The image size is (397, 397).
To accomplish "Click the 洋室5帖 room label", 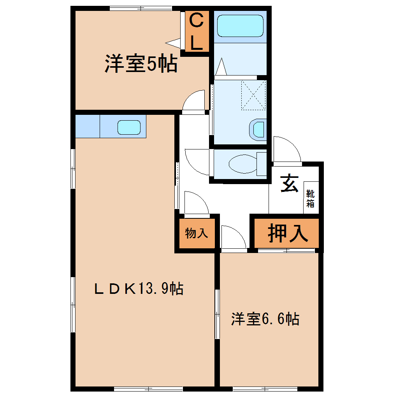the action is tap(141, 63).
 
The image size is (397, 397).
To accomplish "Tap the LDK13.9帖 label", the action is tap(139, 288).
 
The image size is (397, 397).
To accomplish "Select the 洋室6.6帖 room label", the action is tap(265, 319).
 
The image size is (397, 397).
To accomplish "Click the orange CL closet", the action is tap(197, 32).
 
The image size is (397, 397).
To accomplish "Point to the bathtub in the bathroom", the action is tap(240, 26).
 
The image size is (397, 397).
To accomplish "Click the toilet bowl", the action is tap(243, 164).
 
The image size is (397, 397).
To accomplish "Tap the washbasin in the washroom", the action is tap(258, 130).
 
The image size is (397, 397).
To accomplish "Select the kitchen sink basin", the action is tap(129, 127).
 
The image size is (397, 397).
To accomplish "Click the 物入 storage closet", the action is tap(197, 233).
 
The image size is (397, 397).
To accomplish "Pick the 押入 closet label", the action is tap(288, 233).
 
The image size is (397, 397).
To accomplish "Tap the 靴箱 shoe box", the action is tap(311, 198).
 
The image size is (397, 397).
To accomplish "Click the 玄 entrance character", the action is tap(289, 183).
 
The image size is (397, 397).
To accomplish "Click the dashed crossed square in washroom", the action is tap(253, 95).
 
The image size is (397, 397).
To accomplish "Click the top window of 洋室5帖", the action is tap(141, 8).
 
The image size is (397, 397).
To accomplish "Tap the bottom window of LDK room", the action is tap(148, 389).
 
